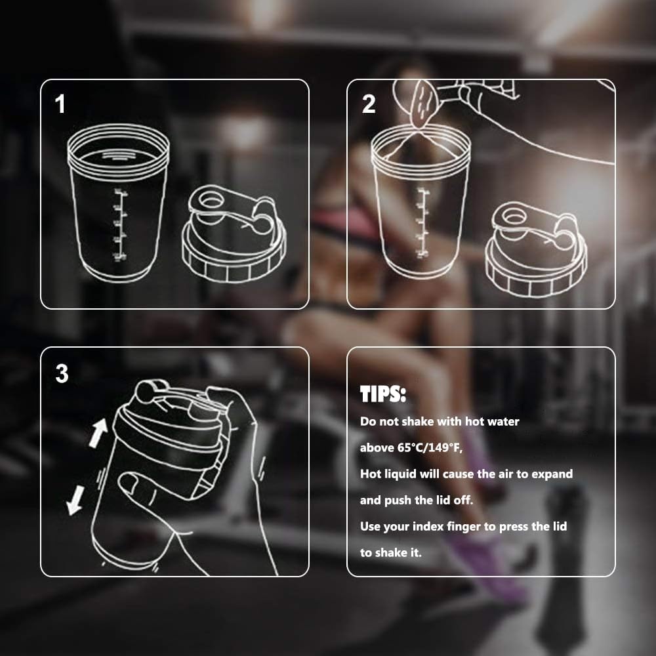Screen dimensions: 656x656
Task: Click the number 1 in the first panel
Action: tap(60, 104)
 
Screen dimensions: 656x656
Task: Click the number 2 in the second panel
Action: tap(369, 104)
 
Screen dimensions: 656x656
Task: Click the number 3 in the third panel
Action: tap(62, 373)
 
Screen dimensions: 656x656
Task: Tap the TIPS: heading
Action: tap(383, 395)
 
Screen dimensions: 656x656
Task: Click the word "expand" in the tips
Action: tap(551, 474)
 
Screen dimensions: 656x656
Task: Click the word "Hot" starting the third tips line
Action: tap(372, 474)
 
